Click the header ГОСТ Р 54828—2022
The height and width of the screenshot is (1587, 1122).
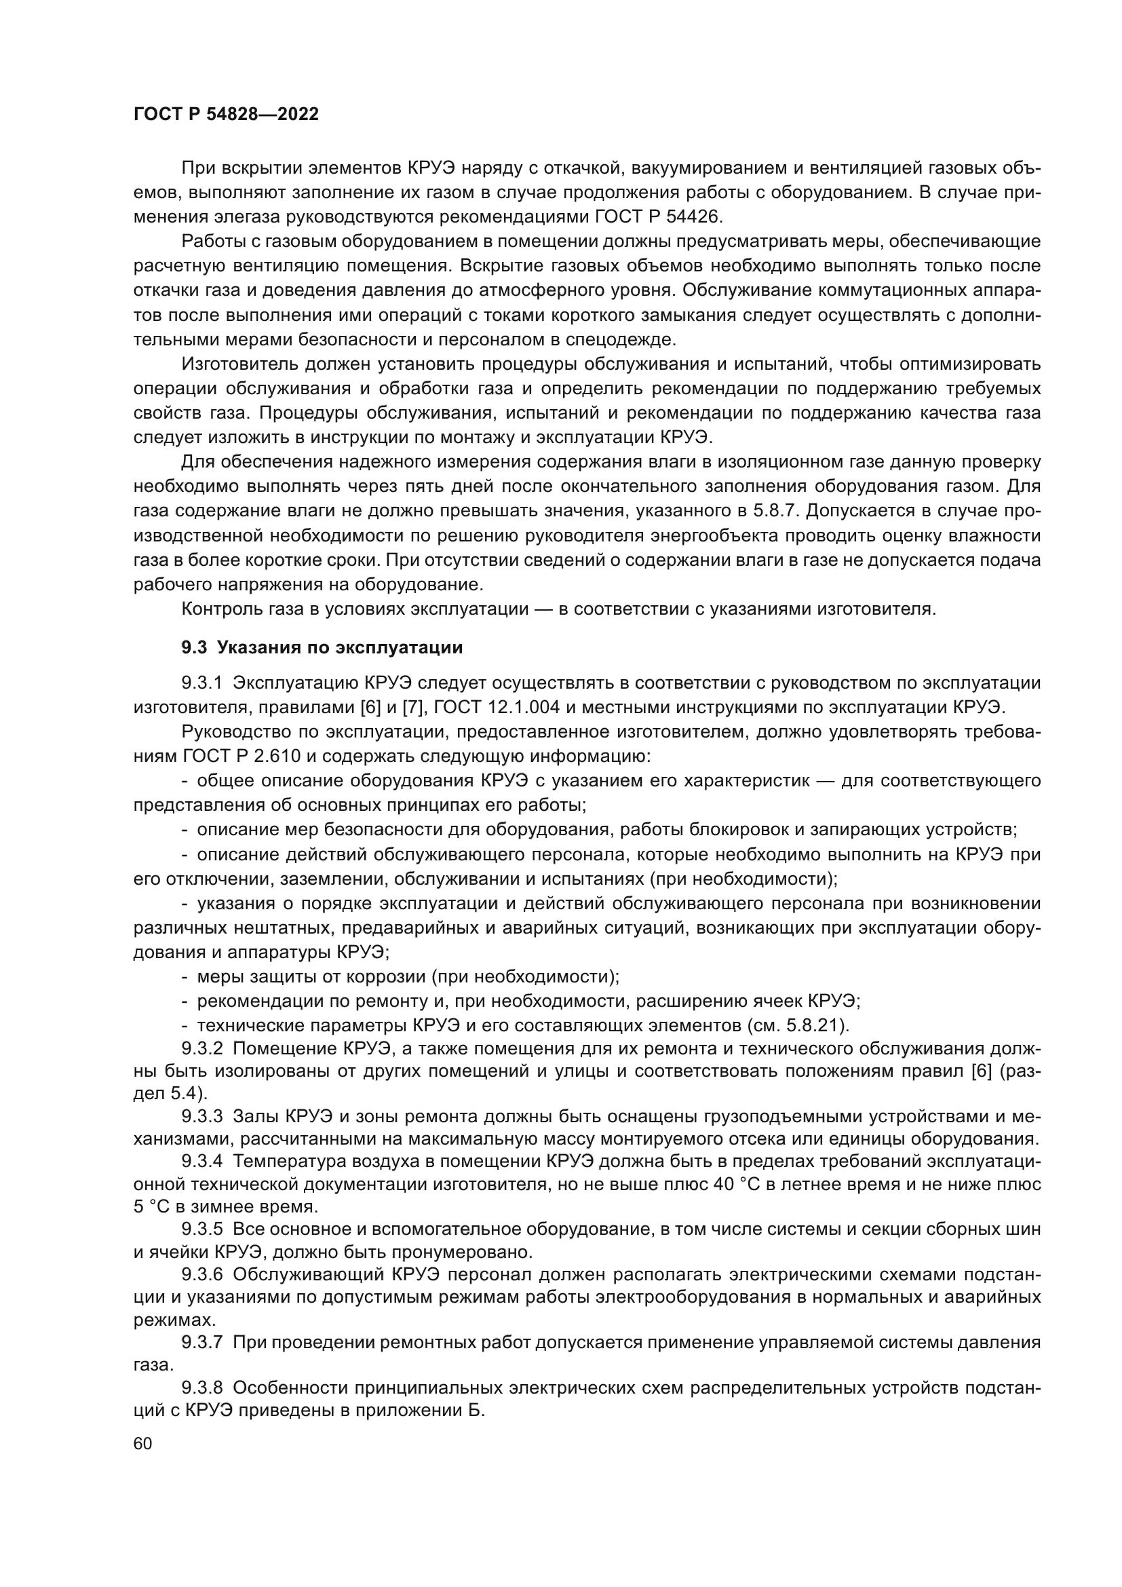point(226,115)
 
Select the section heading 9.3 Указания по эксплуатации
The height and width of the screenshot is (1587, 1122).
point(322,648)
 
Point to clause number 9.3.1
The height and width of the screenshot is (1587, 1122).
point(201,683)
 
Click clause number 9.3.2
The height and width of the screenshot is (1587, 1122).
point(201,1048)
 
